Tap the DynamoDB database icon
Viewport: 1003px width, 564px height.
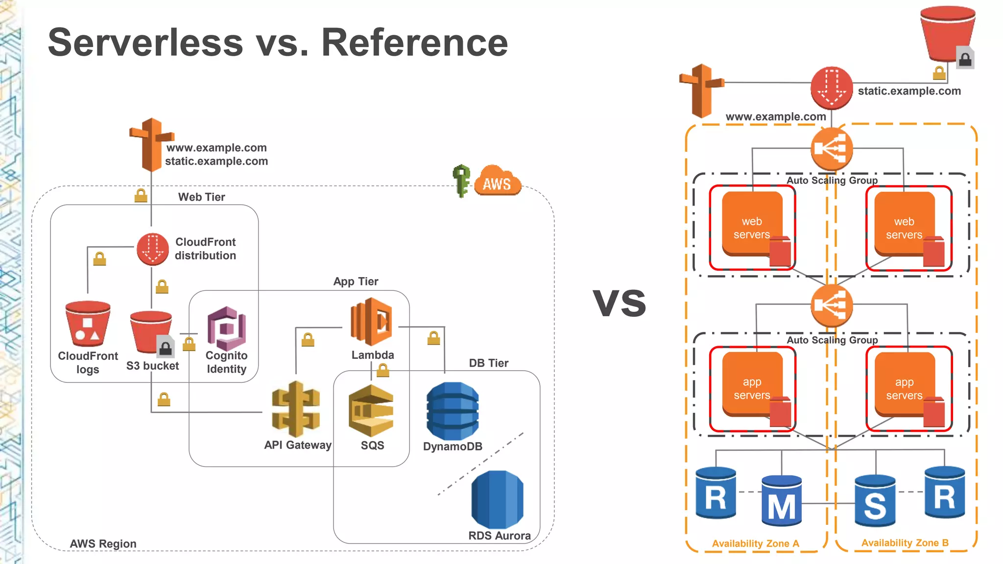[452, 411]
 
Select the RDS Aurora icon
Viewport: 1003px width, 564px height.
[497, 499]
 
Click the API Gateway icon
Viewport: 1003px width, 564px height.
[296, 409]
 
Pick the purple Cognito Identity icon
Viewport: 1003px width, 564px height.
[226, 327]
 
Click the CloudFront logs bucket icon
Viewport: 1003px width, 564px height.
[88, 324]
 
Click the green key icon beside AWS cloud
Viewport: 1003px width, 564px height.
[461, 180]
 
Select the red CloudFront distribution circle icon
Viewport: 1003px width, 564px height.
[153, 249]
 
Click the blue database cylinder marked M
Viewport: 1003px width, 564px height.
[781, 501]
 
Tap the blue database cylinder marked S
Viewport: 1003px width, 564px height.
[875, 501]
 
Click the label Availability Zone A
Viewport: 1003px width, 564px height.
[755, 543]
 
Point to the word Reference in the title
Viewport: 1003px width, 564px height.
[414, 43]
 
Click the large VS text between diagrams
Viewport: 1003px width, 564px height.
[620, 302]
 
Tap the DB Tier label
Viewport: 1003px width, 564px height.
[488, 363]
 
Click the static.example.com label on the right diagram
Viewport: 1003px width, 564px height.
[909, 91]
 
